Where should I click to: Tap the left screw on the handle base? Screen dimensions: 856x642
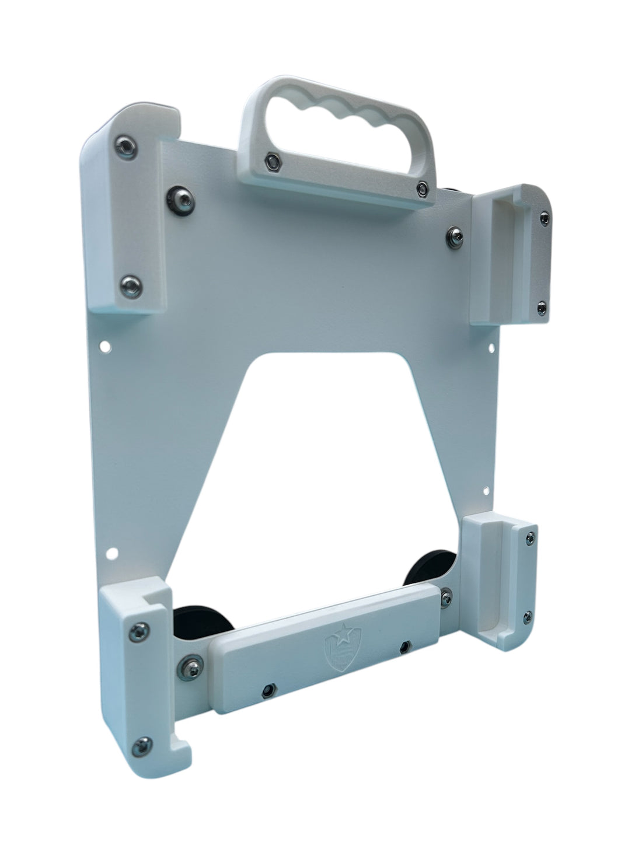pyautogui.click(x=272, y=162)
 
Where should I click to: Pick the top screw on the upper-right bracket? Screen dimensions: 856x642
pyautogui.click(x=545, y=219)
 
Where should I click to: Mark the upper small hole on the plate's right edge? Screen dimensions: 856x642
pyautogui.click(x=491, y=350)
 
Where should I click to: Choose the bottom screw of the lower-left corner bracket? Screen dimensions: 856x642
pyautogui.click(x=141, y=743)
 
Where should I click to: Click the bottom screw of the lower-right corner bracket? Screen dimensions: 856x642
pyautogui.click(x=528, y=614)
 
